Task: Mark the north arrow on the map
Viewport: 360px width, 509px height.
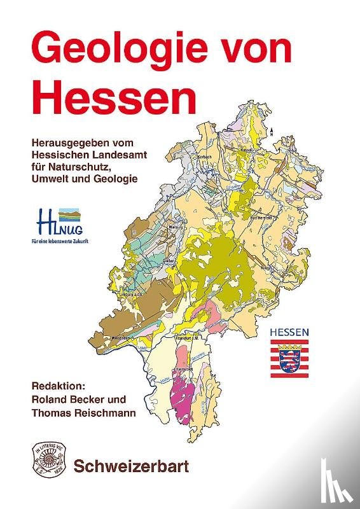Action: click(272, 132)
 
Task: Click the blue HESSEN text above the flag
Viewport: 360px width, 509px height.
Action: click(289, 332)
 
